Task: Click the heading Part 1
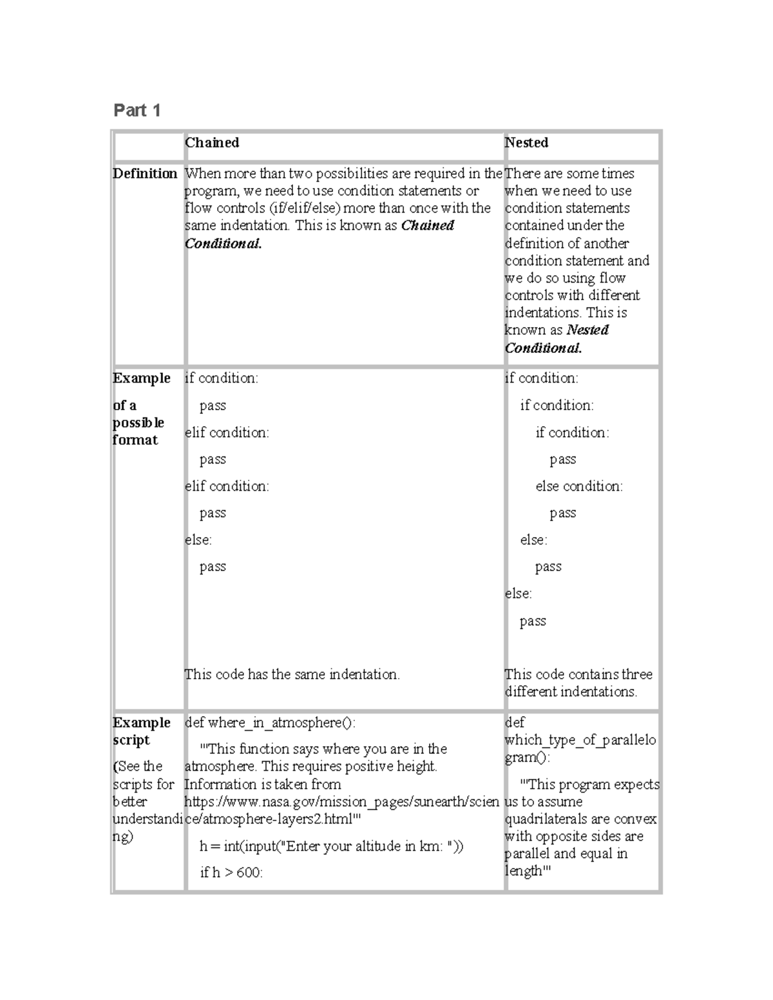pyautogui.click(x=137, y=111)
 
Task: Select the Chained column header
pyautogui.click(x=212, y=143)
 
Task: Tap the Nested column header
pyautogui.click(x=526, y=143)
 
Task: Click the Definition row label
pyautogui.click(x=145, y=174)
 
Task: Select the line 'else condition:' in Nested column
pyautogui.click(x=578, y=487)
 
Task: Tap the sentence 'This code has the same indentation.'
pyautogui.click(x=292, y=675)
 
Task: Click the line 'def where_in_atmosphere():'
pyautogui.click(x=269, y=723)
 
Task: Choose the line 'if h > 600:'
pyautogui.click(x=231, y=873)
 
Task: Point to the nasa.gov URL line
pyautogui.click(x=341, y=802)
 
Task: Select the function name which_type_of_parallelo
pyautogui.click(x=580, y=741)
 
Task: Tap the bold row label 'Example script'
pyautogui.click(x=141, y=731)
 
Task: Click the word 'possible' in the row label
pyautogui.click(x=138, y=423)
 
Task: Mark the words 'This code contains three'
pyautogui.click(x=578, y=675)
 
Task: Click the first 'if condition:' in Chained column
pyautogui.click(x=221, y=379)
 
